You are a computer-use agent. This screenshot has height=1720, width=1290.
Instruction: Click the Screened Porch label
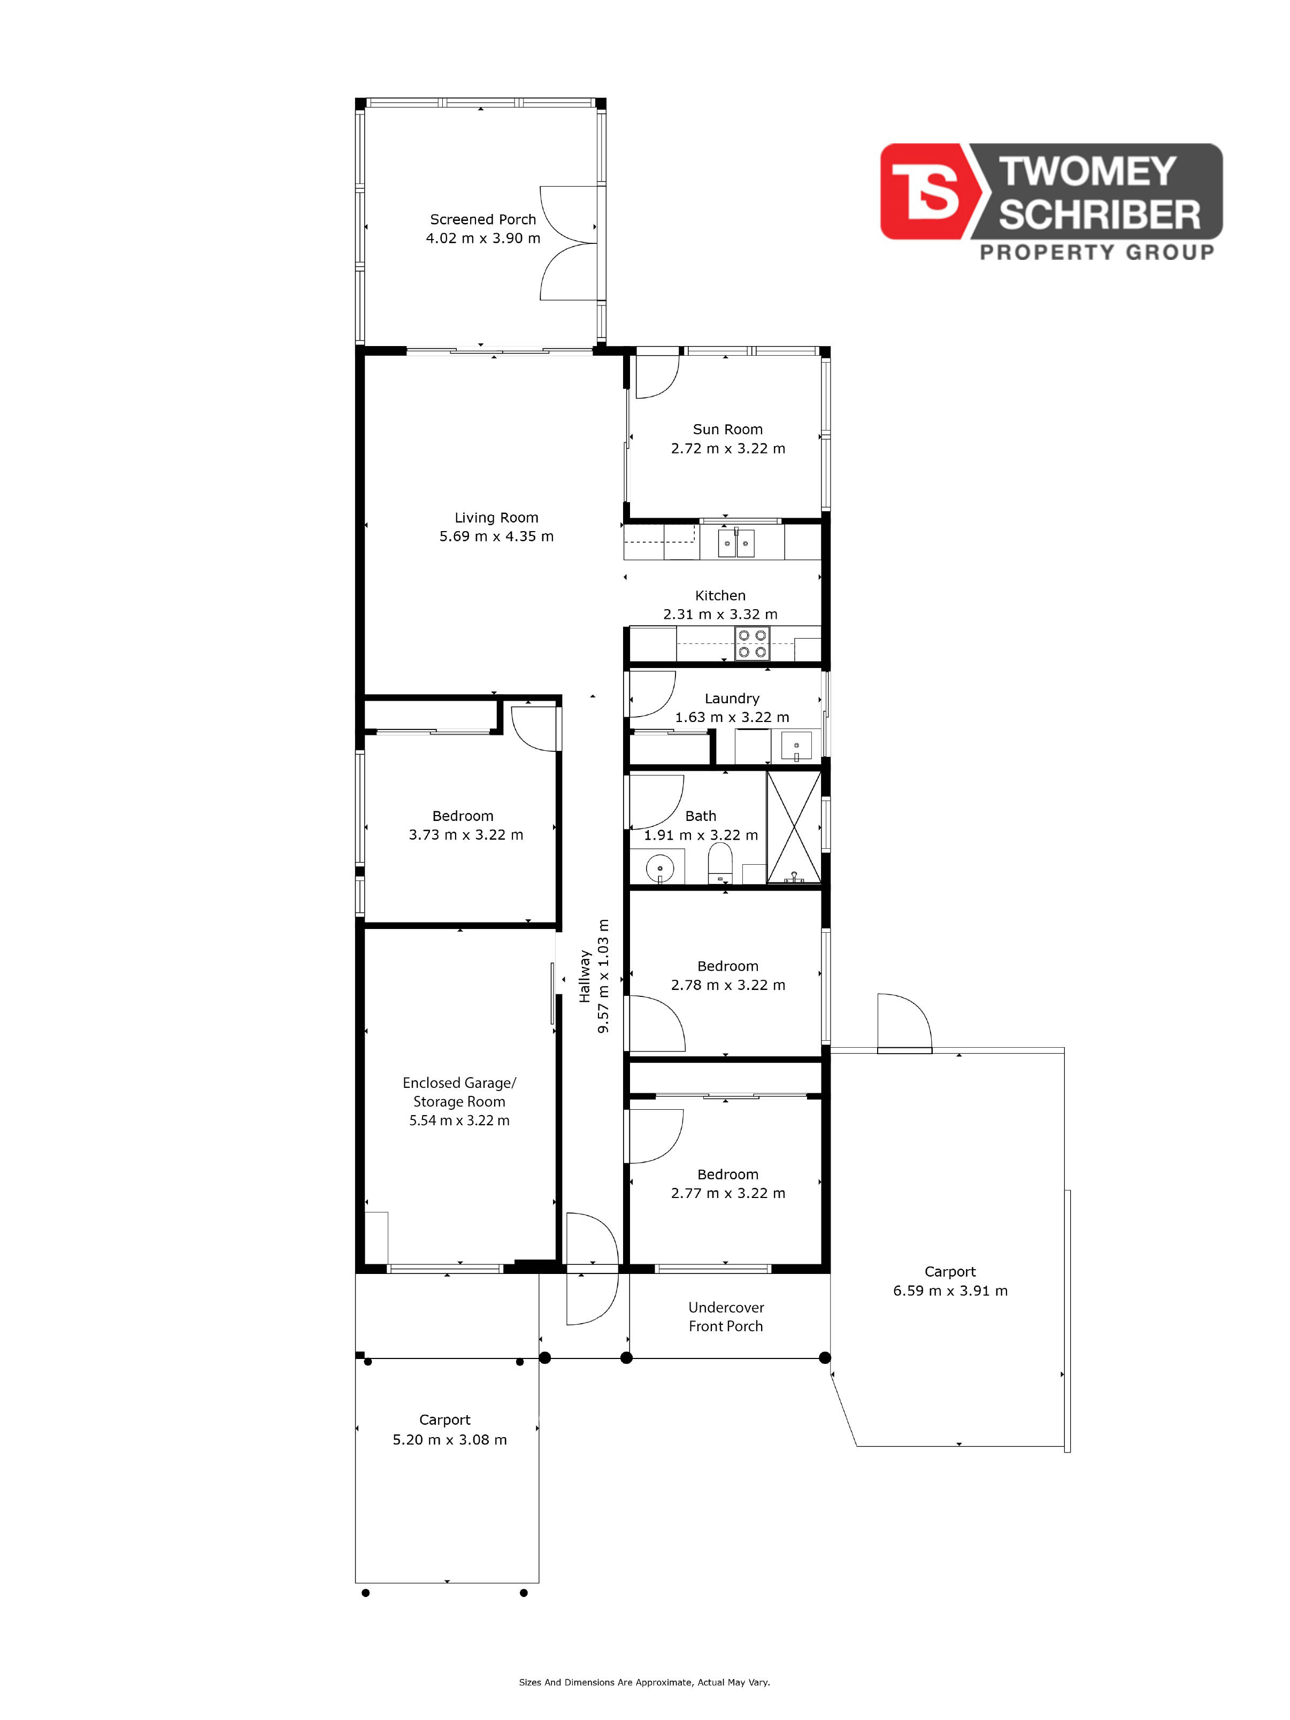coord(483,219)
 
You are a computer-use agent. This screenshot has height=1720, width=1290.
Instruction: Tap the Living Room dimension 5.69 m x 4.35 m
coord(496,536)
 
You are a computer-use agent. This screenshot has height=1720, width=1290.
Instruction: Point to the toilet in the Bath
coord(720,863)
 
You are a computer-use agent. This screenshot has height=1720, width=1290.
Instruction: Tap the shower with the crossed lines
coord(794,827)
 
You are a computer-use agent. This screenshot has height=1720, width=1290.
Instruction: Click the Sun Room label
coord(728,429)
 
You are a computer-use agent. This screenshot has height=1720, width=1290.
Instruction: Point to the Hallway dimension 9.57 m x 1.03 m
coord(603,976)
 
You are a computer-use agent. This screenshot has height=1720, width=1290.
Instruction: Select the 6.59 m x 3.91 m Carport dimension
coord(950,1290)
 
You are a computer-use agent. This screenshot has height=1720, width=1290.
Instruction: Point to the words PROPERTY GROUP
coord(1096,252)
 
